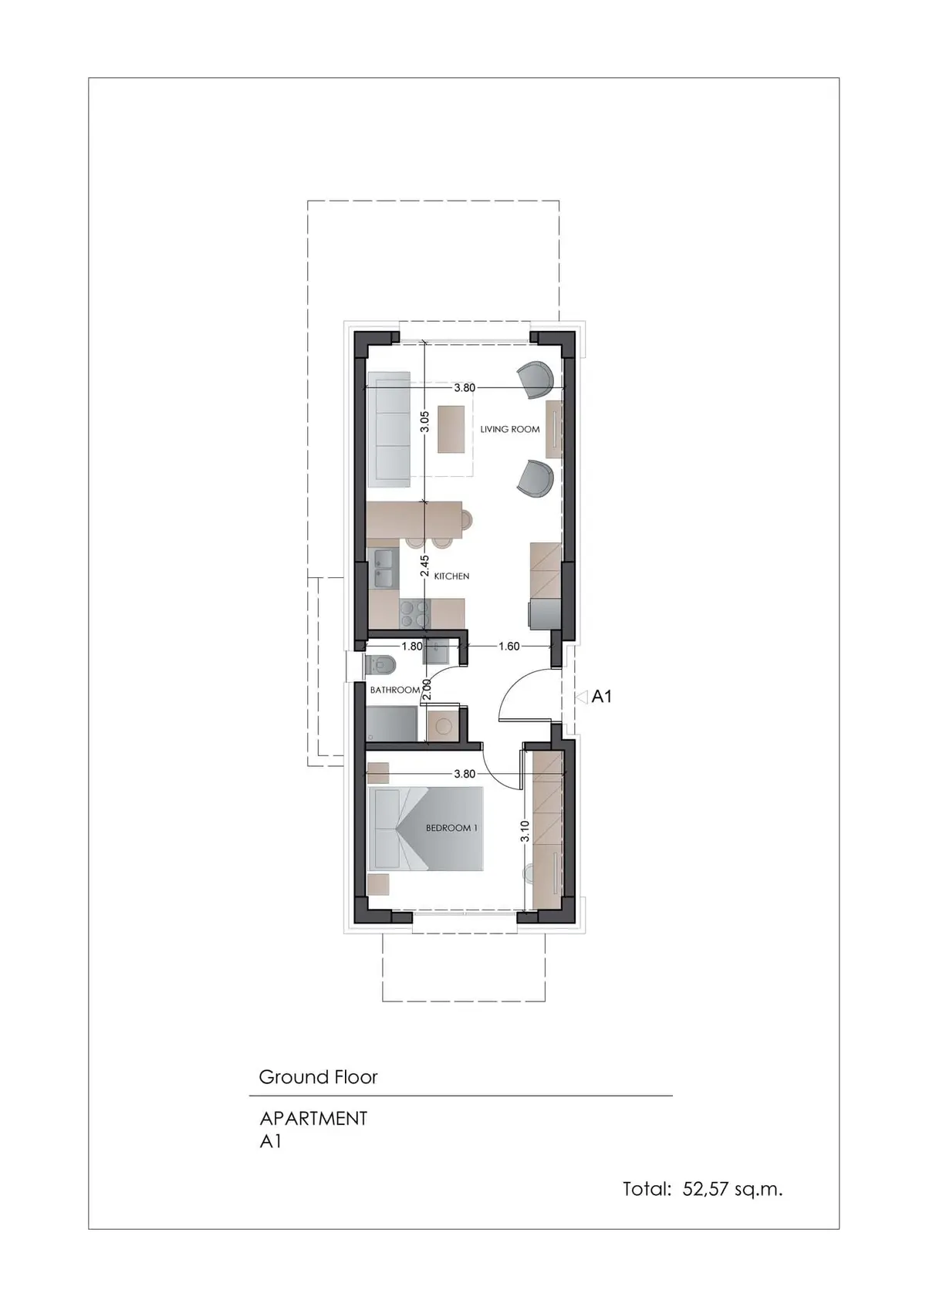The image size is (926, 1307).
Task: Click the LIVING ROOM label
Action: tap(509, 429)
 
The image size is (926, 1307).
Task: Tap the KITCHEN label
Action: tap(451, 576)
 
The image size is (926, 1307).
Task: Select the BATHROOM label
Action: tap(395, 690)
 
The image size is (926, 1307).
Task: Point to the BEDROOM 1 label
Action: tap(448, 828)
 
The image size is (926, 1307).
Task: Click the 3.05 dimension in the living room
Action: tap(425, 421)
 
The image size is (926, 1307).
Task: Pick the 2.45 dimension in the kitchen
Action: tap(425, 566)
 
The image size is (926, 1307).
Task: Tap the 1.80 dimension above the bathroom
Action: tap(412, 646)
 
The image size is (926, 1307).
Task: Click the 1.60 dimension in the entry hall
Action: tap(509, 646)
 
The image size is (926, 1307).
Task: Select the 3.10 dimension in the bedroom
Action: tap(525, 831)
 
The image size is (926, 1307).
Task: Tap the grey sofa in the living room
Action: tap(389, 430)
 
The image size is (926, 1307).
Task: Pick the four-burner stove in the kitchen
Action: tap(414, 613)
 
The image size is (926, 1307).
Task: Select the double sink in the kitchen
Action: tap(384, 569)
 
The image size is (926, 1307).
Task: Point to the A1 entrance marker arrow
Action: tap(581, 697)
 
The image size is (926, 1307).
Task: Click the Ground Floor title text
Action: tap(318, 1076)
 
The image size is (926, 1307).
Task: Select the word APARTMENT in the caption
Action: tap(313, 1119)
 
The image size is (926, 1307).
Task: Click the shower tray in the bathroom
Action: tap(391, 724)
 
